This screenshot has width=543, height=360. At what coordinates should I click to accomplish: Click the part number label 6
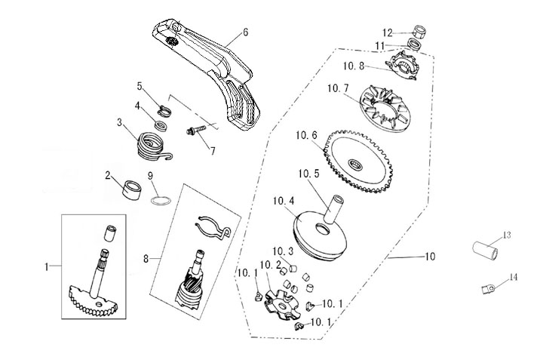coord(246,32)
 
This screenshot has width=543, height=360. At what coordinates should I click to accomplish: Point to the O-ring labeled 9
coord(160,202)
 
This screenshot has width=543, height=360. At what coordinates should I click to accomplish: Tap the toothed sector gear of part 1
coord(94,301)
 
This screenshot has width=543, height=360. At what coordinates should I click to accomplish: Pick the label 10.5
coord(309,173)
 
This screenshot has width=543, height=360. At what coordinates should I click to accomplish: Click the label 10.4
coord(284,201)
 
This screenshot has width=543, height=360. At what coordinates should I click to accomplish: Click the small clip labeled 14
coord(489,288)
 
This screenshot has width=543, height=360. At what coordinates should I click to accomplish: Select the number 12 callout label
coord(387,32)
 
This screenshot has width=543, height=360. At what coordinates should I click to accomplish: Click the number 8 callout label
coord(146,258)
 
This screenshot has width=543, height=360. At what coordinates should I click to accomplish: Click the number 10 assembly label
coord(430,257)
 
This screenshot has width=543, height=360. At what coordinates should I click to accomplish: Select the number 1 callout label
coord(47,266)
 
